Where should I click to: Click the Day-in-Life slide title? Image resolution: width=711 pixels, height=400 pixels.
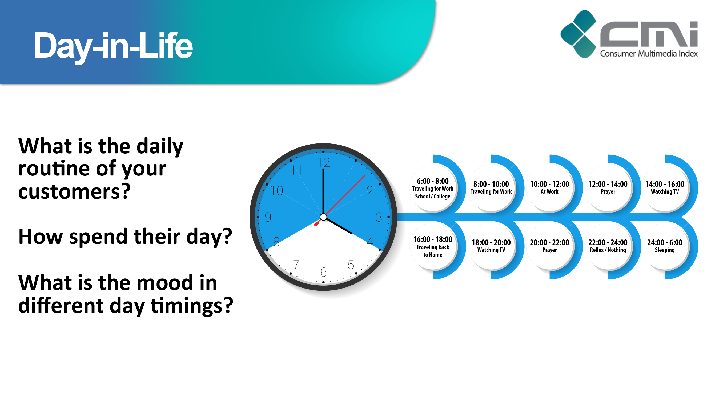click(113, 46)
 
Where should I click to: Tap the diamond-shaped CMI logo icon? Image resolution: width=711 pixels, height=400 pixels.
click(579, 34)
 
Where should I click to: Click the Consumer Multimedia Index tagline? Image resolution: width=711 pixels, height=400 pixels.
click(649, 54)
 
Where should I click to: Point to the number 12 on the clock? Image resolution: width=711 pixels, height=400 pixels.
click(323, 162)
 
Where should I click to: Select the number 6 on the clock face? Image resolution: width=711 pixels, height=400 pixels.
click(323, 273)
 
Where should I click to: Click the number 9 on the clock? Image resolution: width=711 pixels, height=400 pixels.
click(268, 217)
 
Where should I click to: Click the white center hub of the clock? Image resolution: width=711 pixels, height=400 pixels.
click(323, 217)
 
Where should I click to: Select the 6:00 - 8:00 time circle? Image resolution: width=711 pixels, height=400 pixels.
click(433, 188)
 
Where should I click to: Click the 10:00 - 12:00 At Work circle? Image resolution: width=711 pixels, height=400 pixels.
click(549, 188)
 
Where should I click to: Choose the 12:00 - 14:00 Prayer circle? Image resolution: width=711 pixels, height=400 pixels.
click(608, 188)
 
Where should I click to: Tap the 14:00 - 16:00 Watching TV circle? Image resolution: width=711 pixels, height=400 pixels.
click(665, 188)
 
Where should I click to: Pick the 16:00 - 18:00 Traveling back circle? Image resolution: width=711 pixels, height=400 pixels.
click(433, 246)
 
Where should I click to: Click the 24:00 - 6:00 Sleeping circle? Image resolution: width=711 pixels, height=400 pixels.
click(665, 246)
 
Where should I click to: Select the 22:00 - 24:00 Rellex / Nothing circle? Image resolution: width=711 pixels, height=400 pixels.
click(608, 246)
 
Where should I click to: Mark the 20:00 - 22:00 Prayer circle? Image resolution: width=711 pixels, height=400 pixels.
click(549, 246)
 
